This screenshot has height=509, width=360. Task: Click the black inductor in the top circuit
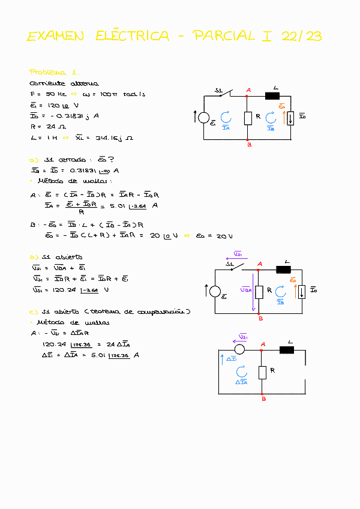point(274,95)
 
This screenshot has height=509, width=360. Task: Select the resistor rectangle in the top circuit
point(248,118)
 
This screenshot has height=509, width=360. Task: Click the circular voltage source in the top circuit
point(205,118)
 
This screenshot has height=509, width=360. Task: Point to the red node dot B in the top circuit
point(248,140)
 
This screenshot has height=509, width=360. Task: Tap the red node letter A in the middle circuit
point(259,264)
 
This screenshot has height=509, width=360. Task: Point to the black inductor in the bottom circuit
point(286,349)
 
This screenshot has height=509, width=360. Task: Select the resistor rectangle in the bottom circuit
point(262,372)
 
